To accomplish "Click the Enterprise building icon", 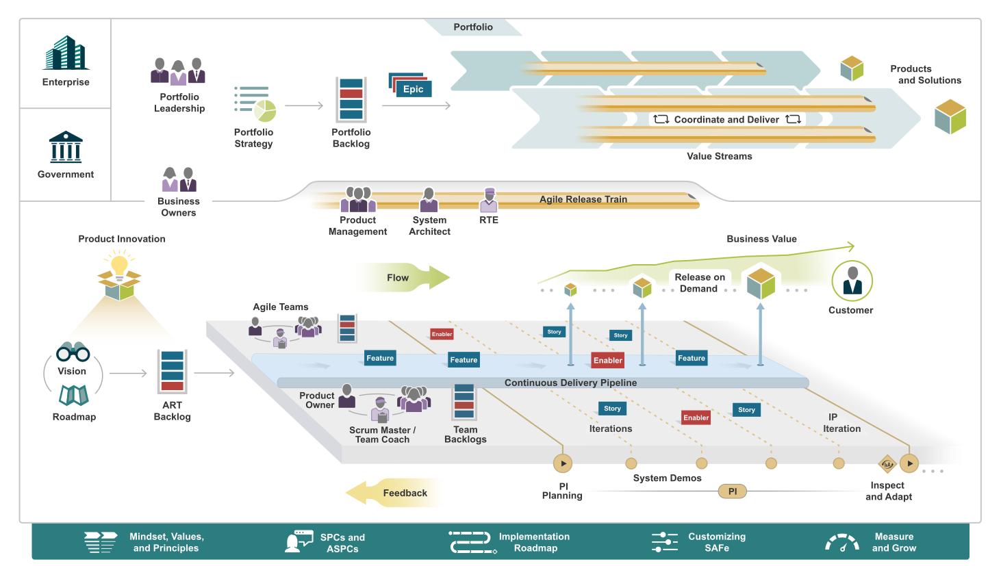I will (66, 53).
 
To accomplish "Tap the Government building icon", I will (66, 147).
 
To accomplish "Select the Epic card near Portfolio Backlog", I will (411, 88).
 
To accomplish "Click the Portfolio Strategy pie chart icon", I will (264, 110).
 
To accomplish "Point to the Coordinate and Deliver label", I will (726, 120).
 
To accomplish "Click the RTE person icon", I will (488, 201).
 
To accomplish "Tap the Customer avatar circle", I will (852, 281).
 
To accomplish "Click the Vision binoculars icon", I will (73, 352).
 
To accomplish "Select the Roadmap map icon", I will (73, 395).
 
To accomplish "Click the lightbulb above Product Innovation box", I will (120, 264).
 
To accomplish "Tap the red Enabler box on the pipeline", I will (607, 360).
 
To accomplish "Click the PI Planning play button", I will (563, 463).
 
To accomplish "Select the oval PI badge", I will (732, 491).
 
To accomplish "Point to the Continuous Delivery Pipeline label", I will (570, 383).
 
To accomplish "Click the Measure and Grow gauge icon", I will (842, 543).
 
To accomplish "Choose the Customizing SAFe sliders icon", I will (664, 542).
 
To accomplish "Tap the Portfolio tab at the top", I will (473, 27).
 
